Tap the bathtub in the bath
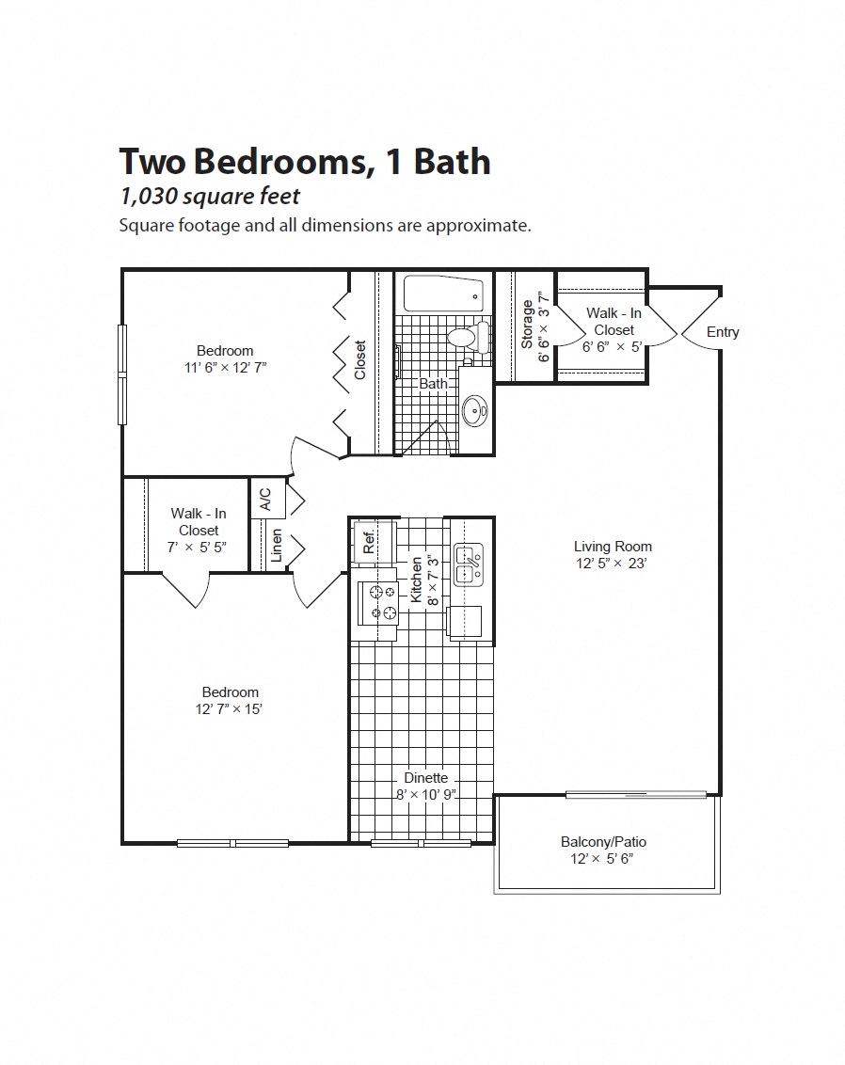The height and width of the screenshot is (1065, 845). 443,294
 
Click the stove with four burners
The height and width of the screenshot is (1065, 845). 382,602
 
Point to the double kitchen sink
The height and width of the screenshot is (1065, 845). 468,564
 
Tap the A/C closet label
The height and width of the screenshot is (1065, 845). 265,499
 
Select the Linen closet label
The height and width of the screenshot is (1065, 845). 276,547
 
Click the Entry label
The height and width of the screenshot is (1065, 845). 723,332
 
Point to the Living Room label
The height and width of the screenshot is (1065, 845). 613,546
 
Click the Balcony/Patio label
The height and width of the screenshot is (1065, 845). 603,841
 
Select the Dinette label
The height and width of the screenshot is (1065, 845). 425,778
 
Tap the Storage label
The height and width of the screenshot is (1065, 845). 527,325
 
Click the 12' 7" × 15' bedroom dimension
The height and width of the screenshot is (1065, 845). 223,709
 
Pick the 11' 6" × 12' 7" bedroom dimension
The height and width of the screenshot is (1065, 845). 225,368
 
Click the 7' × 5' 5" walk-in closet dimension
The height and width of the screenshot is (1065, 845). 198,547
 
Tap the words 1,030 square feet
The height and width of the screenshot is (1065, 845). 209,196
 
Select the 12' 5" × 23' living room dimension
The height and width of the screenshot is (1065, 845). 613,564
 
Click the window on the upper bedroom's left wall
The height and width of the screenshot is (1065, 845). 121,374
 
